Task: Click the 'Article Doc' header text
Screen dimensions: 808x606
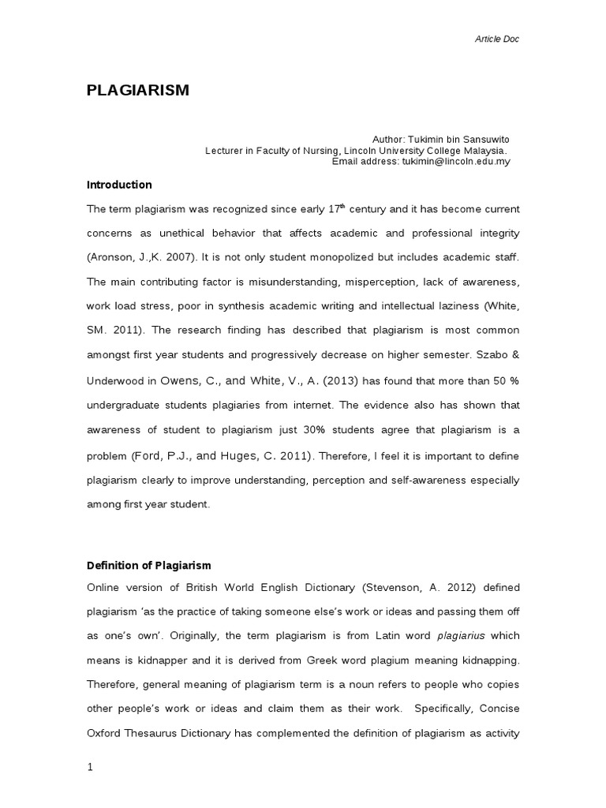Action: coord(497,39)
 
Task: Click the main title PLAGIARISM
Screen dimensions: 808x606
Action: coord(138,90)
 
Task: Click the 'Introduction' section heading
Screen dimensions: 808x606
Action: coord(119,185)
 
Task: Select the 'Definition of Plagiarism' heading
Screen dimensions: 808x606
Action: coord(149,566)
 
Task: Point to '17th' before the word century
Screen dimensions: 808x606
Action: coord(337,208)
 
